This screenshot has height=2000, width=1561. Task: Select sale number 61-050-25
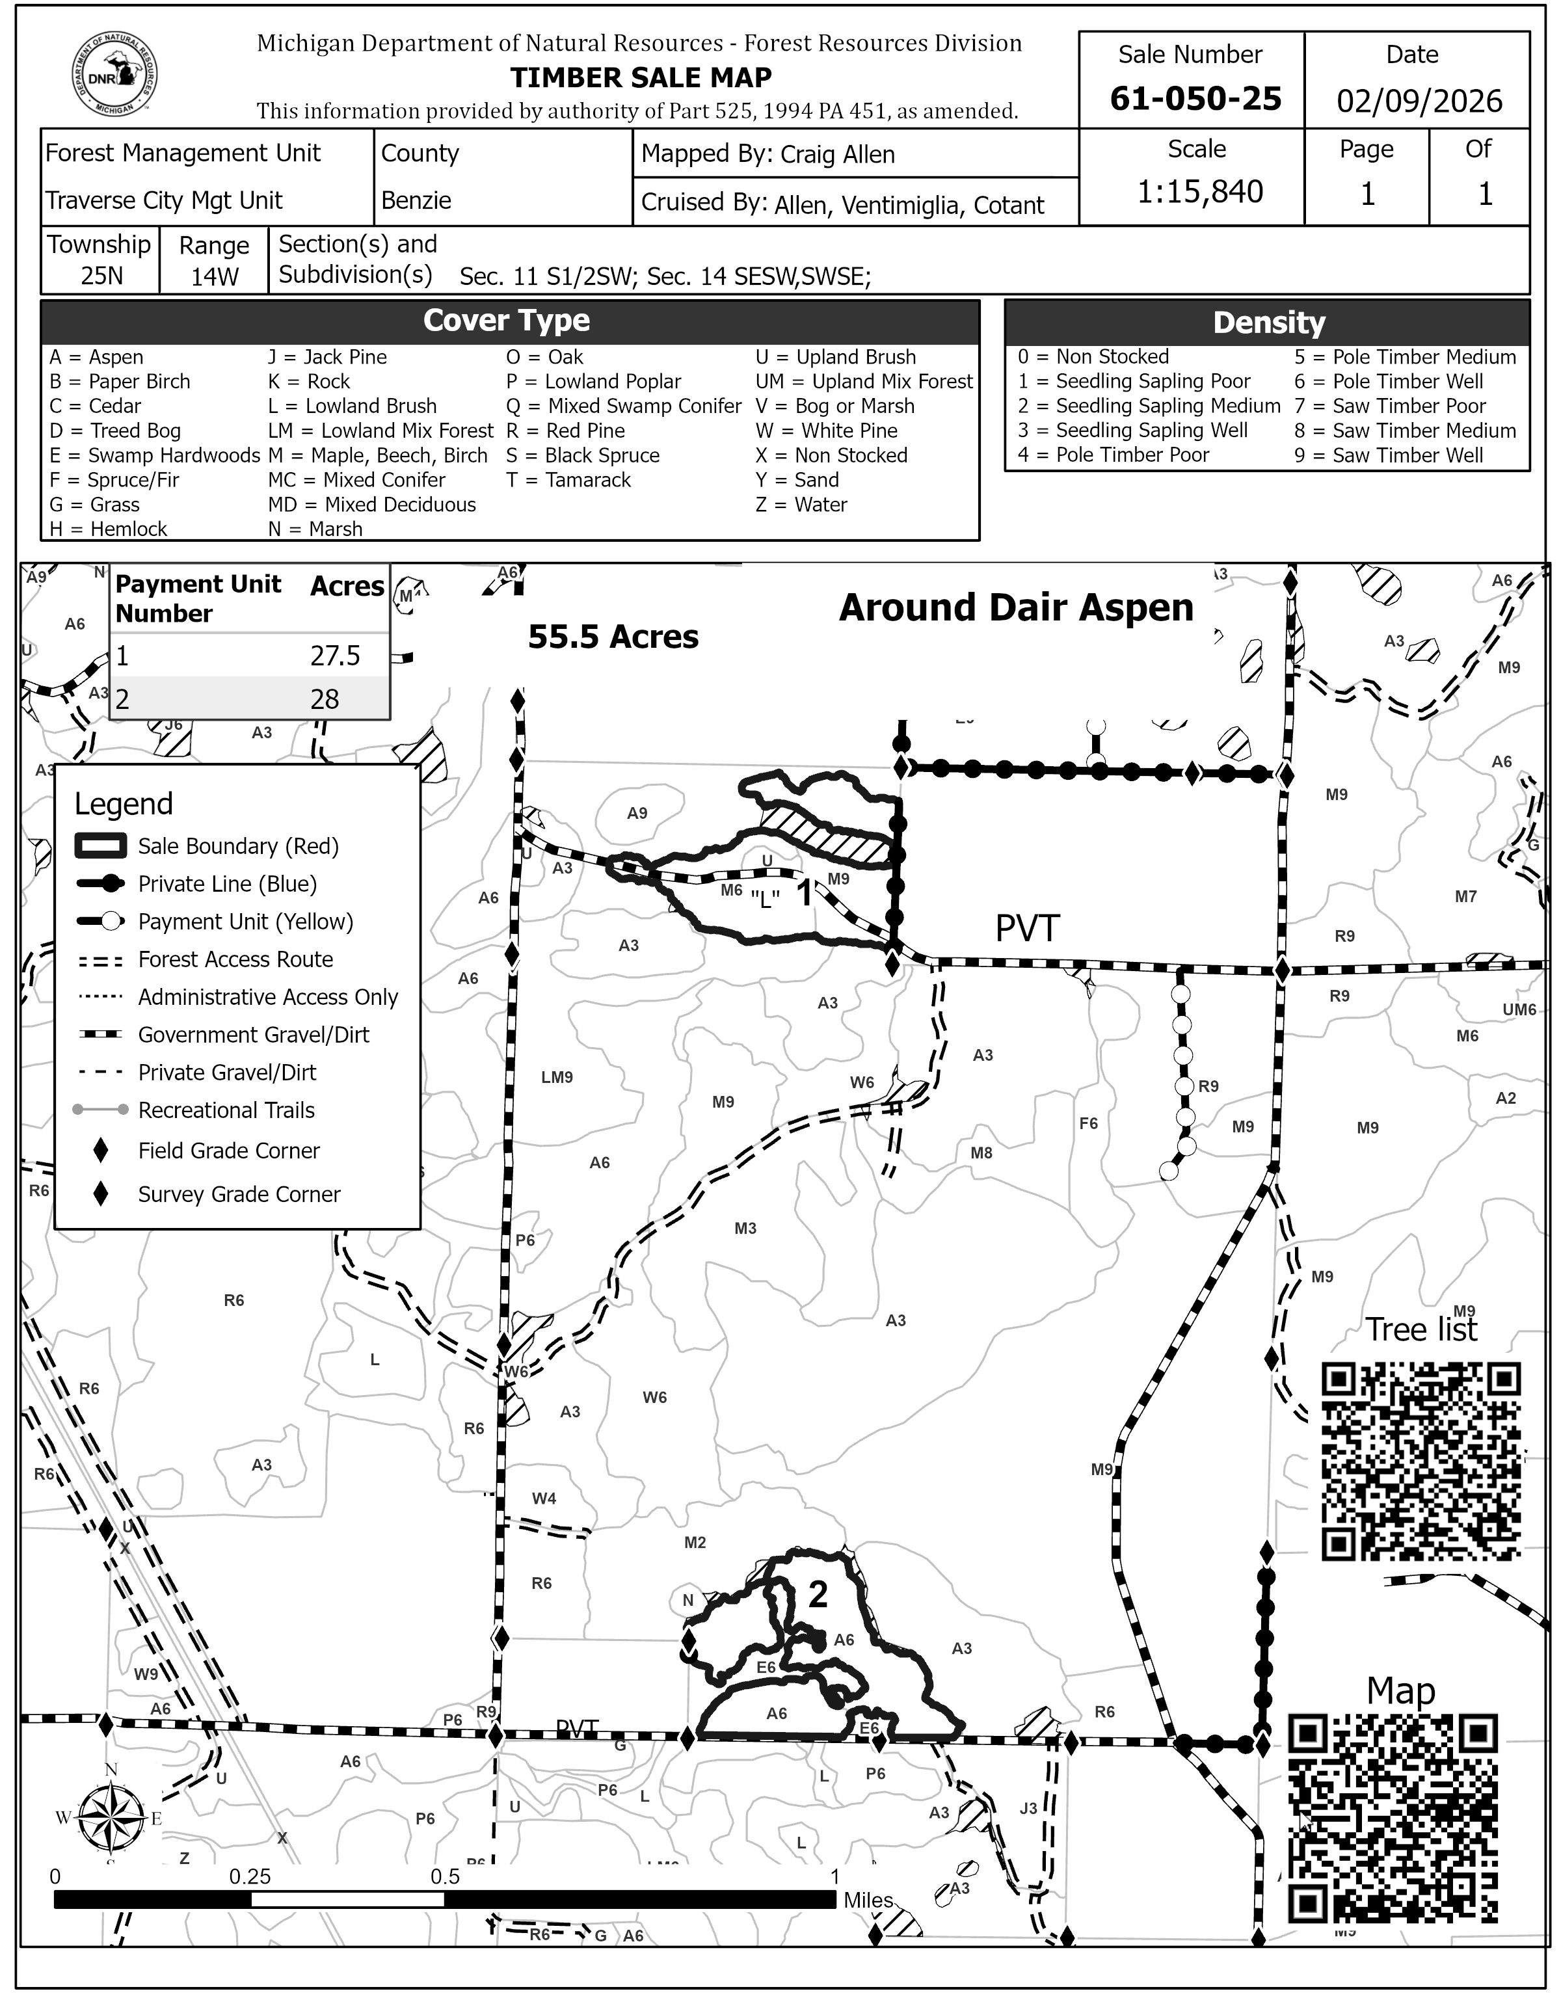(x=1195, y=99)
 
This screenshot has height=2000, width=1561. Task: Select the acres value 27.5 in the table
(x=335, y=656)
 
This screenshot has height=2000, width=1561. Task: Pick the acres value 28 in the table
(x=325, y=700)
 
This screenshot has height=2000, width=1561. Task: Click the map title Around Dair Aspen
(x=1016, y=608)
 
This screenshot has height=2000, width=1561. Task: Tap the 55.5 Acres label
(x=613, y=637)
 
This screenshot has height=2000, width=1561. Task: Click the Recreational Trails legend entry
(x=226, y=1111)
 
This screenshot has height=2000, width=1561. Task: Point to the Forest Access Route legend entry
(x=235, y=960)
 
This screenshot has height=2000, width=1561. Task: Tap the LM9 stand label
(x=557, y=1078)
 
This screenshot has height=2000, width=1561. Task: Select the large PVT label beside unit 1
(x=1027, y=929)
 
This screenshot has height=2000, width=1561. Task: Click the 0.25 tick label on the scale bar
(x=250, y=1876)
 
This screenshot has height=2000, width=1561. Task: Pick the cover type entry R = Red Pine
(x=566, y=431)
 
